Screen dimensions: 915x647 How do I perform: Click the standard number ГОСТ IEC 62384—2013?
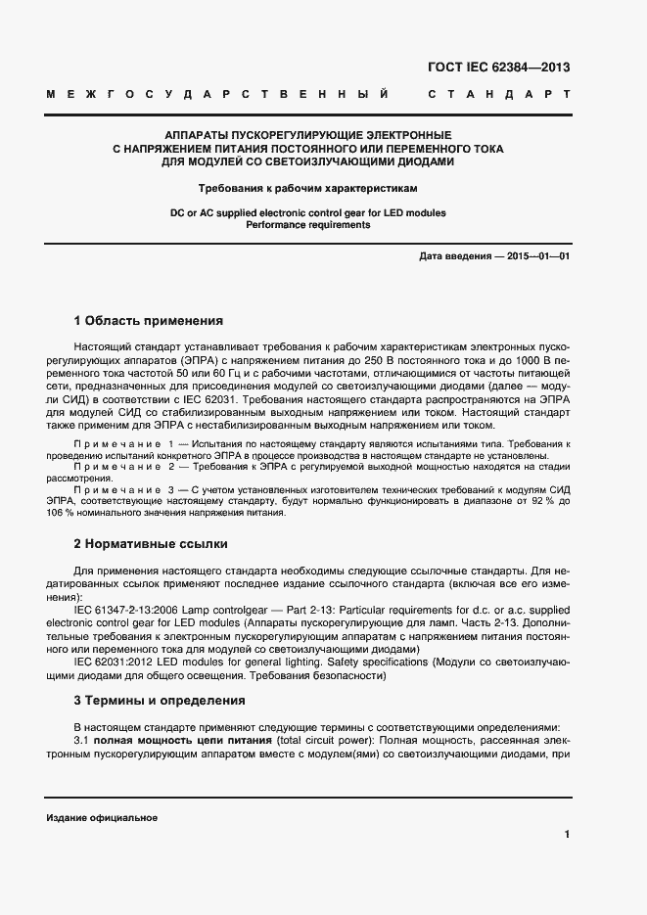point(498,68)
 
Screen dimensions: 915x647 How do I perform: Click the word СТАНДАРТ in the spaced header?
point(498,96)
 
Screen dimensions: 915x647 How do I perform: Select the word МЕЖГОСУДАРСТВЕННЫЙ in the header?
point(217,96)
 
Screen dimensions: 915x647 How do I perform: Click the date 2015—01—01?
point(535,256)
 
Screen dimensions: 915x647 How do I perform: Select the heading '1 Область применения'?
point(149,320)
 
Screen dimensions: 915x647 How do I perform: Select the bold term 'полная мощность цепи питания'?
point(177,742)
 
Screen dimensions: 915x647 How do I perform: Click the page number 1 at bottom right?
point(567,834)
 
